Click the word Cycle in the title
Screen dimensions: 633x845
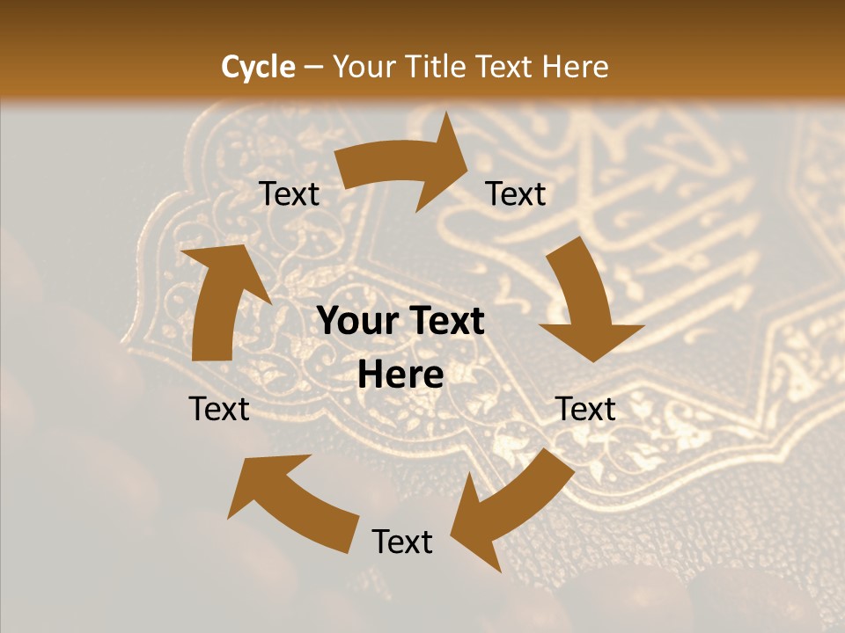click(x=258, y=67)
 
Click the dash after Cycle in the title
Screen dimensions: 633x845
click(x=312, y=67)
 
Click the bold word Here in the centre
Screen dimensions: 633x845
click(x=400, y=375)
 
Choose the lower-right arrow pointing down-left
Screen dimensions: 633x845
click(x=515, y=501)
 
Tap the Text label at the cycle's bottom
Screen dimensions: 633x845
click(x=402, y=542)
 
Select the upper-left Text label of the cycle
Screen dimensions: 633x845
click(x=290, y=194)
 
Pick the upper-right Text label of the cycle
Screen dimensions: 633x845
click(x=516, y=194)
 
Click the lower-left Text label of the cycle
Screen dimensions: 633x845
click(x=219, y=409)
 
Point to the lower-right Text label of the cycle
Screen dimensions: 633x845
click(x=586, y=409)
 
